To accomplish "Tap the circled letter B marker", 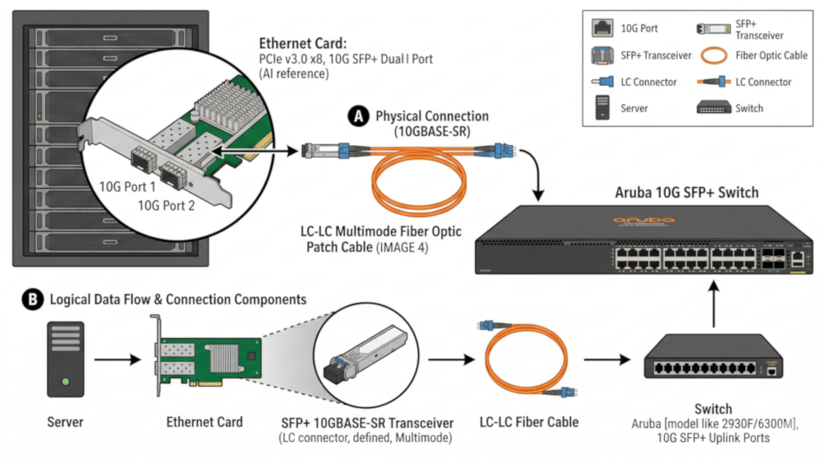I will coord(32,300).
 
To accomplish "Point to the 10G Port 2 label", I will coord(166,205).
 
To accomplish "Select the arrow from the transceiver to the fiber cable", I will coord(448,359).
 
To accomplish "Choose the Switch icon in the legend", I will coord(714,108).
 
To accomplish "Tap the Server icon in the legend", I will coord(601,107).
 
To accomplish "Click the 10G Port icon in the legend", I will coord(601,28).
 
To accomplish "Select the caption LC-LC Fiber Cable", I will coord(529,422).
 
